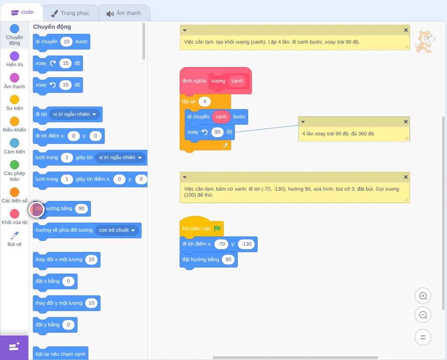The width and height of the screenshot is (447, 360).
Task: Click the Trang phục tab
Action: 71,13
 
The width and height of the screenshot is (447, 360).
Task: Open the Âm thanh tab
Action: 124,13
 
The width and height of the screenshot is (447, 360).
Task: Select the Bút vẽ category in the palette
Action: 15,239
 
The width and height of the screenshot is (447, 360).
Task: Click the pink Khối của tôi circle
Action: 15,213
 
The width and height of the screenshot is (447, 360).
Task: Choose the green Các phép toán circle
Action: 15,165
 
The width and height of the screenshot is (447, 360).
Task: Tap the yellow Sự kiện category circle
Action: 15,100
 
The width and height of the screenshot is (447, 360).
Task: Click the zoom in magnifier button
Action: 423,296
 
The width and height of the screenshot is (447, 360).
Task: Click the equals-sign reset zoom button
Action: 423,337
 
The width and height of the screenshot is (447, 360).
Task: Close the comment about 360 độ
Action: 406,121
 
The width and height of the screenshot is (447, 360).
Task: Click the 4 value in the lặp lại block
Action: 204,101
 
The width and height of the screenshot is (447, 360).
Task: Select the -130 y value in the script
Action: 246,244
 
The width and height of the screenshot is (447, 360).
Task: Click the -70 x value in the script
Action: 221,244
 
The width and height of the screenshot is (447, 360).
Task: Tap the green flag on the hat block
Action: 217,228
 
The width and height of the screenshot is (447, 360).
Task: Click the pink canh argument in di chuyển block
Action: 221,117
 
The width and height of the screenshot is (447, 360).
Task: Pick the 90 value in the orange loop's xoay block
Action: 218,132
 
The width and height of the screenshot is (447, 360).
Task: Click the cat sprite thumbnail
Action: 425,42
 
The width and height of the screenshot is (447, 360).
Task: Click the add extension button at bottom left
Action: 14,347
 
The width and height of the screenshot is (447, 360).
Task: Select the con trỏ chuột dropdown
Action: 117,230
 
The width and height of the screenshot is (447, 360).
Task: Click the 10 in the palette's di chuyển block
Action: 67,42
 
